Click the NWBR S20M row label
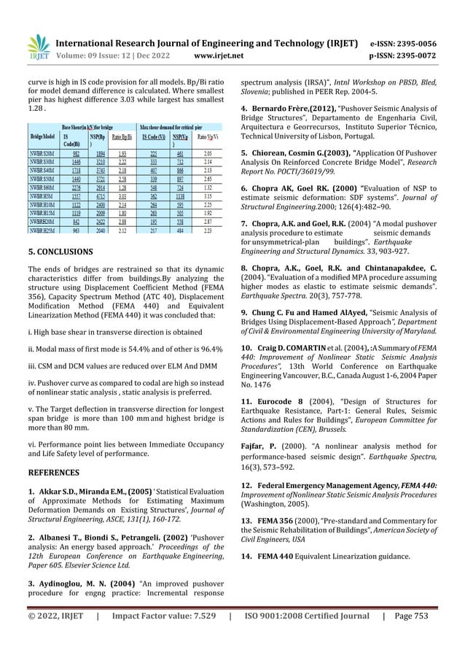(x=42, y=154)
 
